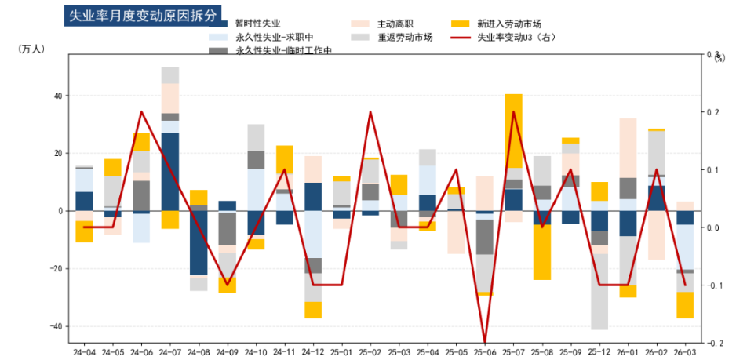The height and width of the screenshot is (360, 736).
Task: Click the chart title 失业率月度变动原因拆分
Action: click(x=142, y=15)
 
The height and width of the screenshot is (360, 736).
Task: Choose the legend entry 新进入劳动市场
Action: click(x=509, y=24)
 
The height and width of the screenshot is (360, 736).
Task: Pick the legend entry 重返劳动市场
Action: click(x=405, y=37)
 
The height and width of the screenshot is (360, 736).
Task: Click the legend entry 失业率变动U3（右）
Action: click(x=517, y=37)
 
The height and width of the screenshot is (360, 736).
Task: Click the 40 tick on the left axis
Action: click(x=58, y=96)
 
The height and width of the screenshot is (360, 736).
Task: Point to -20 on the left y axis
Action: click(x=56, y=268)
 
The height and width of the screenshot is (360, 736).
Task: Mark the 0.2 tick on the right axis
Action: click(x=714, y=112)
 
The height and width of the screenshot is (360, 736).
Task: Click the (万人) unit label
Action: click(x=31, y=49)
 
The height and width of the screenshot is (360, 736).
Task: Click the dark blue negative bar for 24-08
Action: click(x=199, y=242)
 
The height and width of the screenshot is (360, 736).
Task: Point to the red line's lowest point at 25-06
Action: click(x=485, y=343)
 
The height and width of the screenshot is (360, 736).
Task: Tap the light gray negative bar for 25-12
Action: click(x=599, y=291)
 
